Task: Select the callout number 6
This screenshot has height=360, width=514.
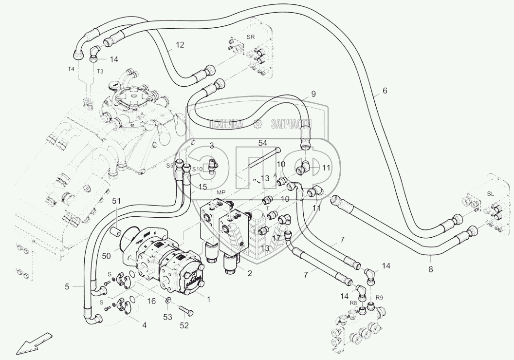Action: click(385, 90)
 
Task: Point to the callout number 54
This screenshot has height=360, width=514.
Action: click(263, 142)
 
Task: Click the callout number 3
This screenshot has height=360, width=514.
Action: click(212, 146)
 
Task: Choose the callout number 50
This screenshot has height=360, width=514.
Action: click(106, 256)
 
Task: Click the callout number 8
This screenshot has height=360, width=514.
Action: click(430, 268)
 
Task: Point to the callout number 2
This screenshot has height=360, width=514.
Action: click(249, 273)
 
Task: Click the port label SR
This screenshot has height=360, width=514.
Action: click(250, 37)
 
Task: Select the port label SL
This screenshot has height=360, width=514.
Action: click(490, 194)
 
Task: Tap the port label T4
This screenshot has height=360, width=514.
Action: click(71, 69)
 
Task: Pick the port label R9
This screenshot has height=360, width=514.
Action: click(380, 297)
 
